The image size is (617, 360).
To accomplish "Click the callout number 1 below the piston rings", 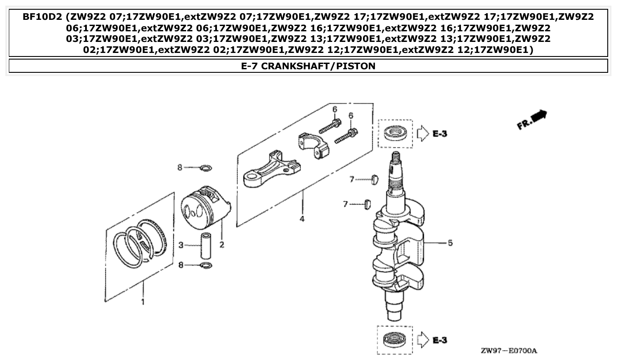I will tap(142, 302).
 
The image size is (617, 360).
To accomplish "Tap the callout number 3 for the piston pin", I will tap(181, 245).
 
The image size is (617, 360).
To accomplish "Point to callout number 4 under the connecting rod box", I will tap(302, 219).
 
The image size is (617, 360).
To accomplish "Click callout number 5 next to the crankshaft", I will tap(450, 243).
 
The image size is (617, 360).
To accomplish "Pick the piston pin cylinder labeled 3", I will tap(206, 246).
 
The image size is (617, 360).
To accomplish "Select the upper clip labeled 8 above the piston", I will tap(206, 168).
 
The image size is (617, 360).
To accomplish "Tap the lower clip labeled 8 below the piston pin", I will tap(206, 265).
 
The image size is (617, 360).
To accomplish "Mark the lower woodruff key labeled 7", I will tap(366, 204).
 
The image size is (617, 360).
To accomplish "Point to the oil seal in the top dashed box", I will tap(394, 133).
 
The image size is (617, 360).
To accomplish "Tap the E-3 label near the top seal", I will tap(439, 133).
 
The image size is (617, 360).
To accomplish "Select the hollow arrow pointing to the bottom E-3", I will tap(423, 340).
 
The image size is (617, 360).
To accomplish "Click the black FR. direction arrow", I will tap(538, 116).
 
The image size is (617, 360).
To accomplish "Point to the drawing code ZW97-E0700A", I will tap(509, 351).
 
